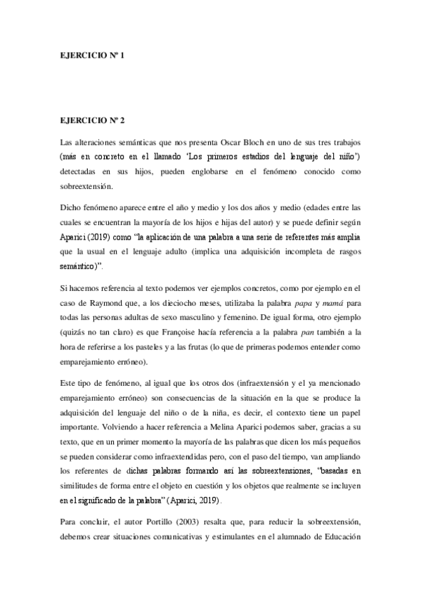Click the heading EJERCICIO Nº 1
pos(91,54)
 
